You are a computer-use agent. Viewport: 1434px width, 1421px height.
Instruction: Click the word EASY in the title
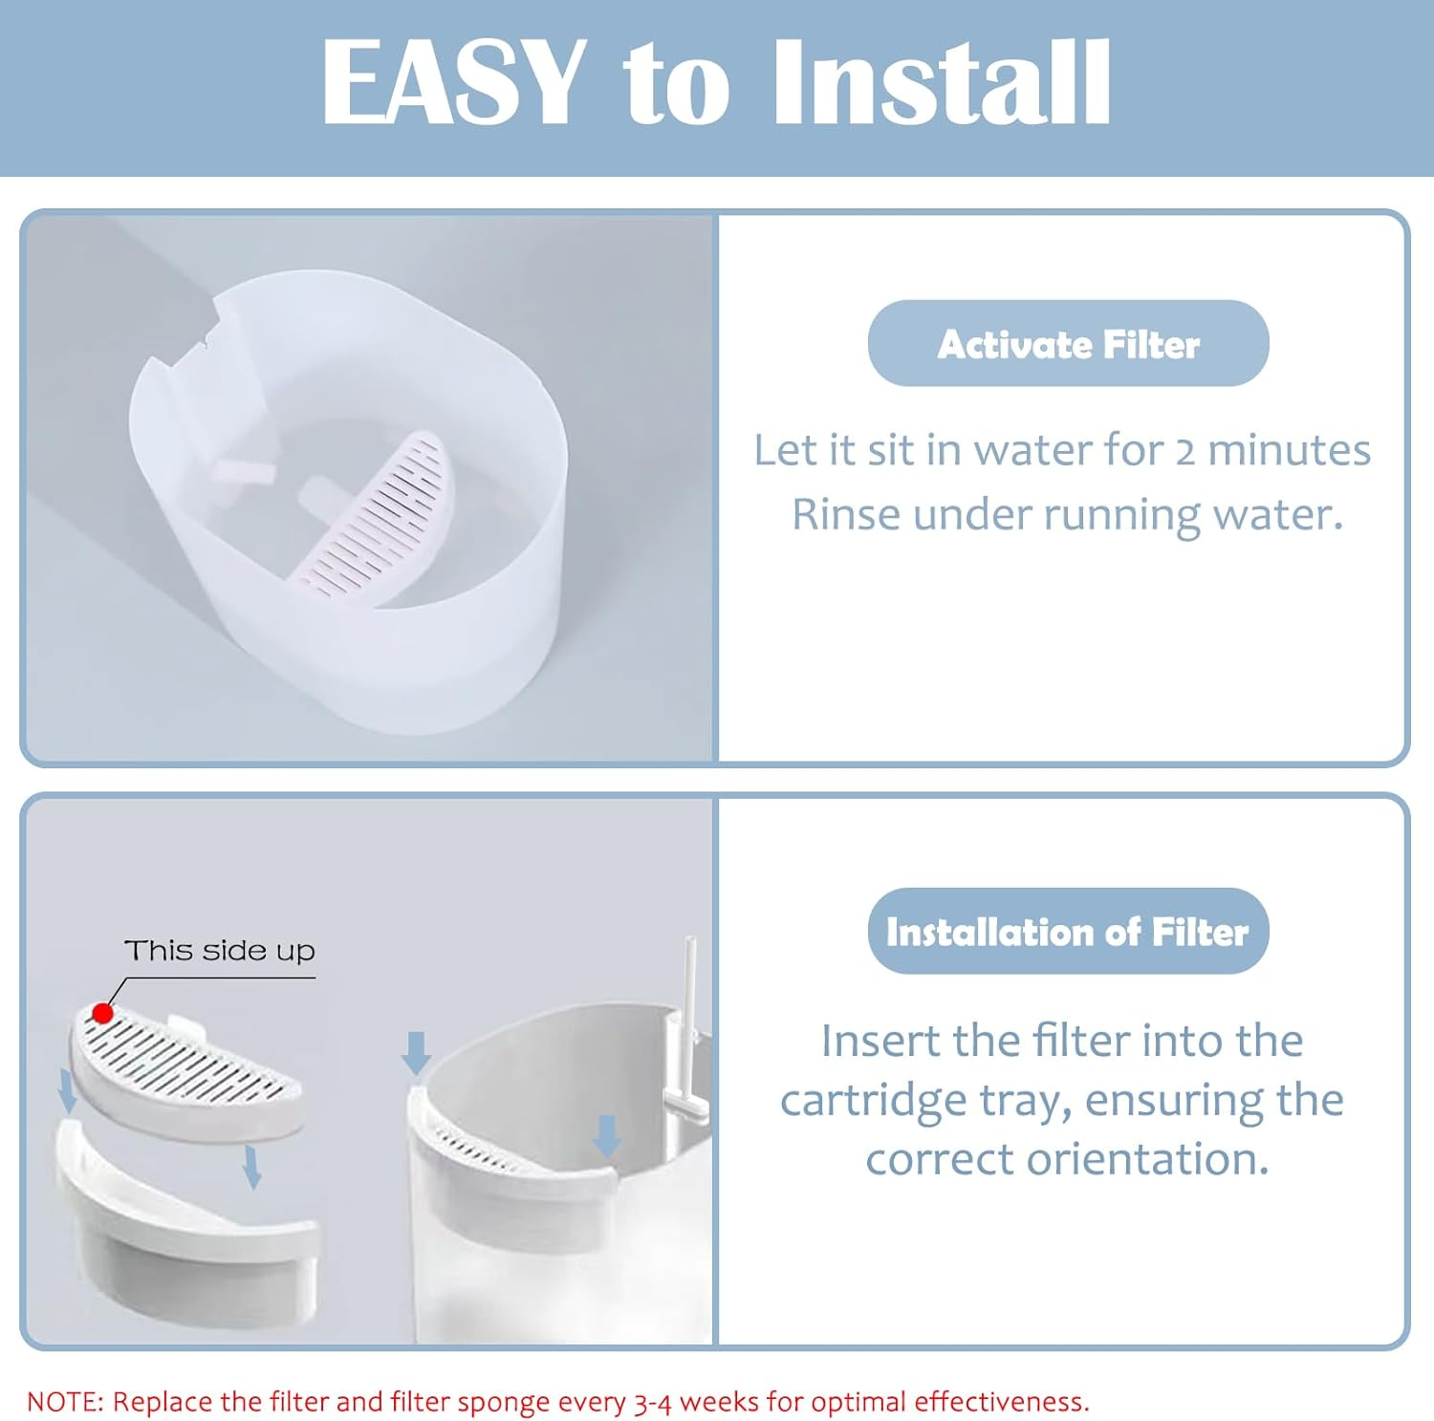coord(453,82)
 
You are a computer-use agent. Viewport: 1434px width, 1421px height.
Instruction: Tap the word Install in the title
coord(942,82)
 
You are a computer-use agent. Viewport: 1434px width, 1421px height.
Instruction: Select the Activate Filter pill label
coord(1068,344)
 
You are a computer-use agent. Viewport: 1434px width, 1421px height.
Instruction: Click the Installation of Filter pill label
coord(1068,932)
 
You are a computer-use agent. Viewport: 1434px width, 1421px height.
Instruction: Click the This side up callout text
coord(220,951)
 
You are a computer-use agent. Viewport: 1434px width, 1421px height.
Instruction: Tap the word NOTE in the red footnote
coord(64,1402)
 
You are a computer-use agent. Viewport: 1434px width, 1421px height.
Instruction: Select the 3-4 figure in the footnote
coord(653,1403)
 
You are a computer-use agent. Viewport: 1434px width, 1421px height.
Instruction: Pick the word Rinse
coord(846,515)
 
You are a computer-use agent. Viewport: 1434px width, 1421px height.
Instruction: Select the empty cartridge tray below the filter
coord(186,1223)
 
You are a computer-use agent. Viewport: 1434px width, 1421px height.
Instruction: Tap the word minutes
coord(1290,450)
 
